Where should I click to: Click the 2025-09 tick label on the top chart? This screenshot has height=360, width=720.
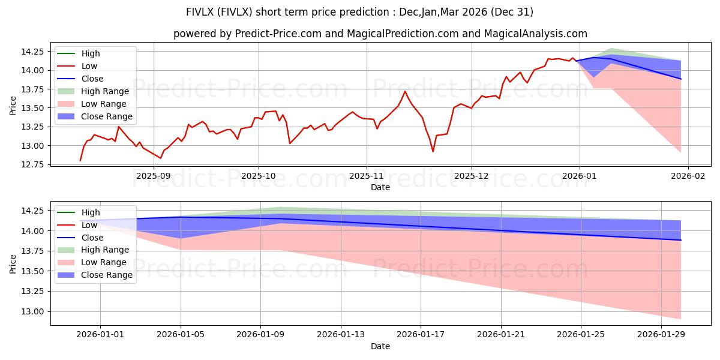[x=154, y=176]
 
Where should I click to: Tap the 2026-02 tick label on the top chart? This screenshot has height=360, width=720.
[x=688, y=176]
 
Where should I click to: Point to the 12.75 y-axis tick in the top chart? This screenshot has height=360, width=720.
[x=35, y=164]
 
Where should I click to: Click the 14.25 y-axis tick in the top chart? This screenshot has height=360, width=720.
[x=35, y=52]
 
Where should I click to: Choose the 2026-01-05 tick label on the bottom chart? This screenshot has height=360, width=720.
[x=181, y=335]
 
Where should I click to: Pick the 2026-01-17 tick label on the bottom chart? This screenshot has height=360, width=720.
[x=421, y=335]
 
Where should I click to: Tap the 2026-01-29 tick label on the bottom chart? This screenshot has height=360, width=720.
[x=661, y=335]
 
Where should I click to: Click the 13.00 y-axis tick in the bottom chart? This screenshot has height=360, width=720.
[x=35, y=311]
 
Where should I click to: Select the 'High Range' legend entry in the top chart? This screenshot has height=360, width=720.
[x=105, y=91]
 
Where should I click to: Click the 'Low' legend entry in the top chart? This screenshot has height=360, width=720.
[x=89, y=66]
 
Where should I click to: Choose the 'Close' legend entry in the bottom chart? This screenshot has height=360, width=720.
[x=92, y=238]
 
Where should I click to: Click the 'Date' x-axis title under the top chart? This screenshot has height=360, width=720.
[x=380, y=187]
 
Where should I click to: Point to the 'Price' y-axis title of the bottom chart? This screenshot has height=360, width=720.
[x=13, y=264]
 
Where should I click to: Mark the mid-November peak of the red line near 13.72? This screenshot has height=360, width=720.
[x=405, y=91]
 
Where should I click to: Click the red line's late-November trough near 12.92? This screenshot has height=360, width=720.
[x=433, y=151]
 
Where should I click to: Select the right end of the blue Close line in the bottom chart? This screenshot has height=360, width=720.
[x=681, y=240]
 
